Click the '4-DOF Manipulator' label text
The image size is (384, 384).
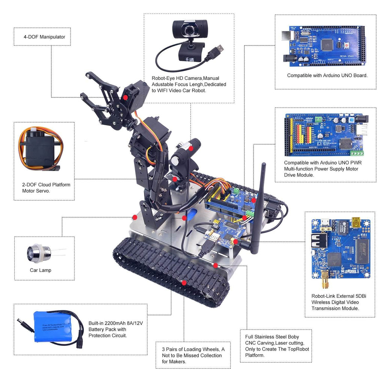(x=44, y=37)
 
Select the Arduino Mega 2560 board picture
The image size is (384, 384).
(x=323, y=44)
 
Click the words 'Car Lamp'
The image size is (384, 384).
(x=40, y=270)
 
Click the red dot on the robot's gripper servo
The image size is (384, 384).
(x=125, y=97)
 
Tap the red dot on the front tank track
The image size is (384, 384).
(x=184, y=282)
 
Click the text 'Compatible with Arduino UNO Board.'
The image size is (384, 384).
(x=327, y=75)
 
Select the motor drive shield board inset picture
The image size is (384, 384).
(x=325, y=135)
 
